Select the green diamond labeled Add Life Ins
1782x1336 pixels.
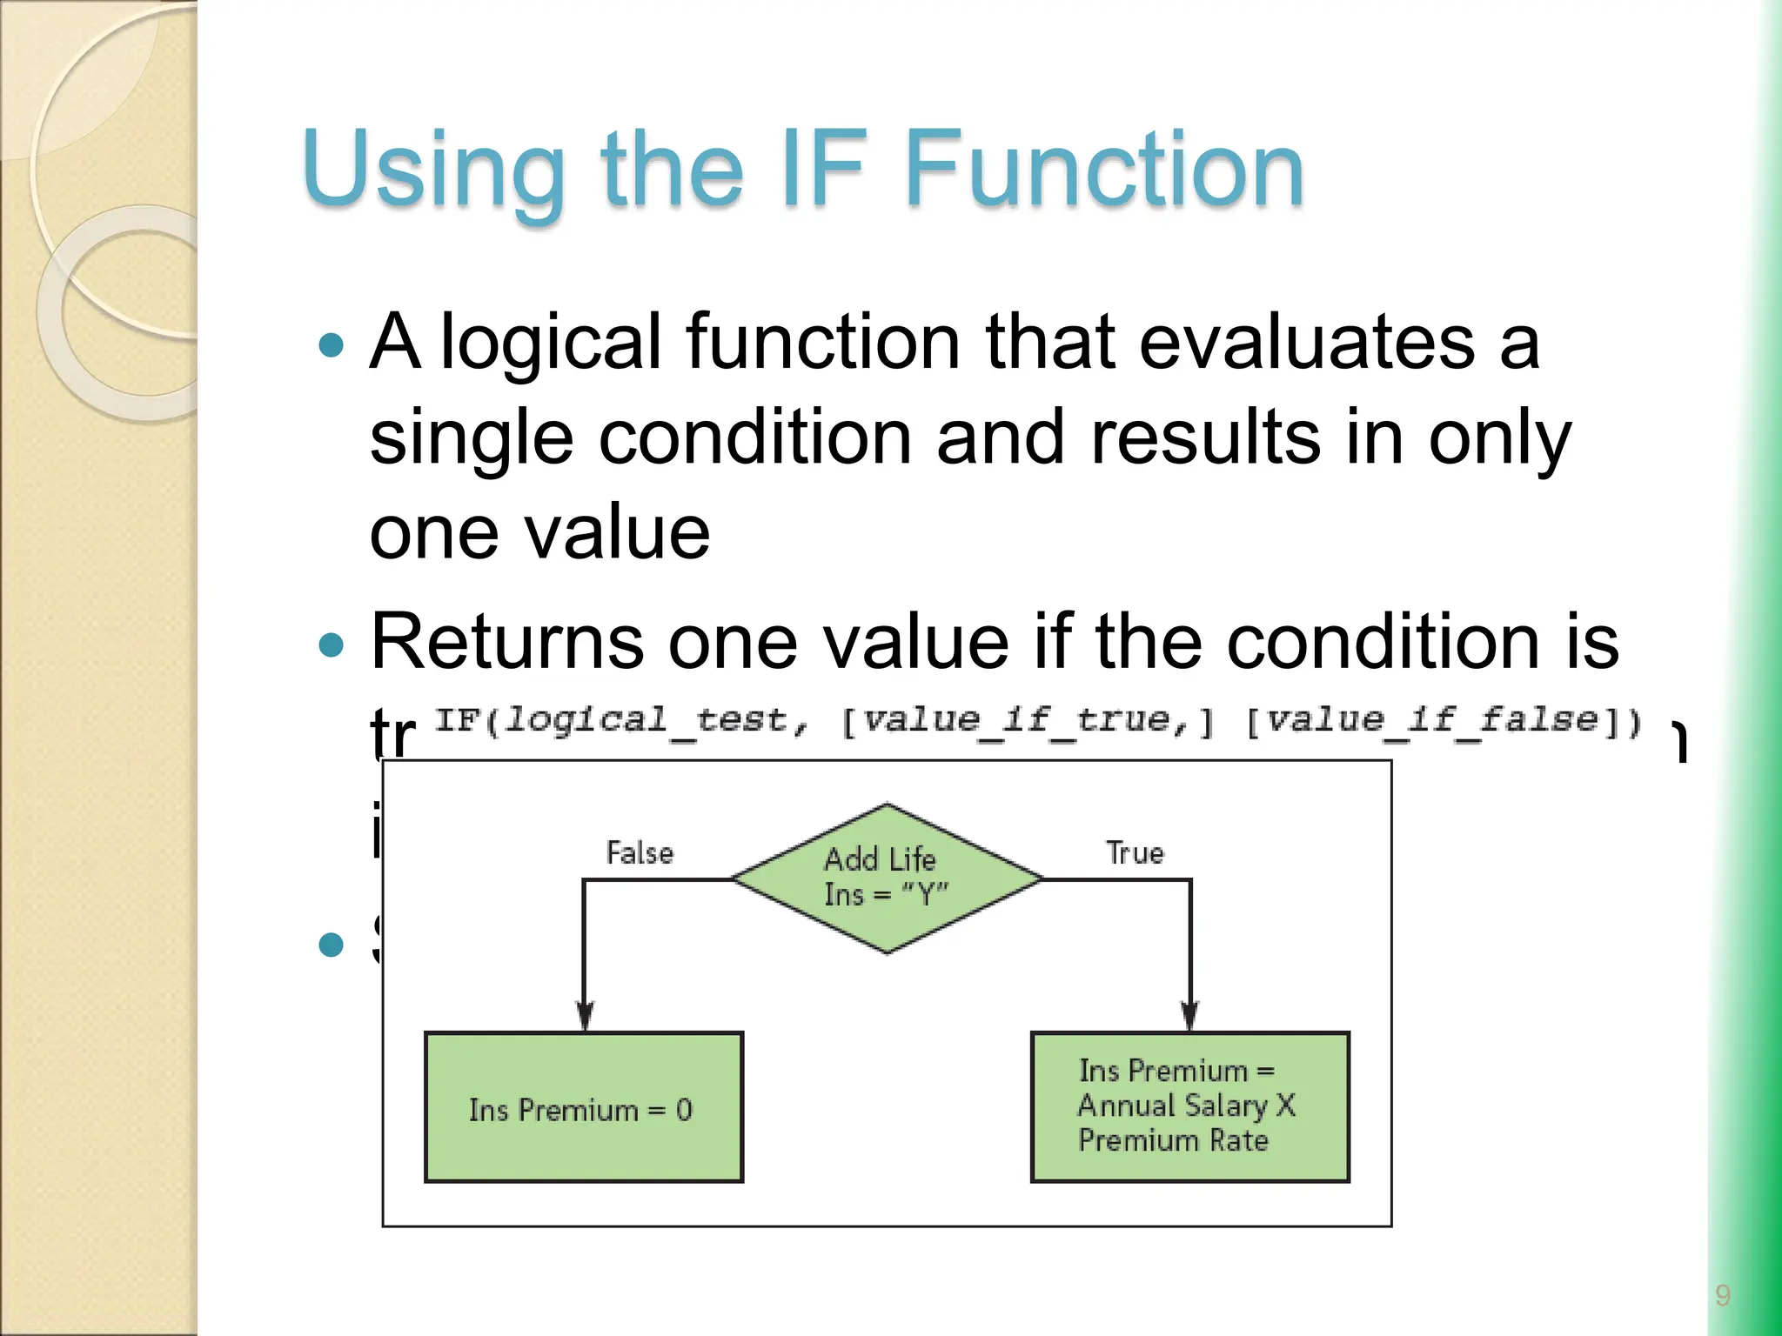pyautogui.click(x=886, y=878)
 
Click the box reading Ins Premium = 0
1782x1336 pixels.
pyautogui.click(x=583, y=1107)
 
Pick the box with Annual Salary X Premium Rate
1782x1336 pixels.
pyautogui.click(x=1189, y=1106)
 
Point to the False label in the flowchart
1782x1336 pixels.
pyautogui.click(x=640, y=852)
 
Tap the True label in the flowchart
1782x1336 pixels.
pyautogui.click(x=1134, y=852)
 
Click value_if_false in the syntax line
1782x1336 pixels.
pyautogui.click(x=1431, y=721)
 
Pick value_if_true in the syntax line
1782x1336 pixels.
pyautogui.click(x=1027, y=721)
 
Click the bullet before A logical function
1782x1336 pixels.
pyautogui.click(x=332, y=346)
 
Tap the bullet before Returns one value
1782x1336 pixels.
pyautogui.click(x=332, y=645)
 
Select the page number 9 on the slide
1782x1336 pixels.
pyautogui.click(x=1722, y=1295)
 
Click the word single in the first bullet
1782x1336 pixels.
pyautogui.click(x=471, y=438)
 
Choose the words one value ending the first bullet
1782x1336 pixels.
pyautogui.click(x=539, y=532)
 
